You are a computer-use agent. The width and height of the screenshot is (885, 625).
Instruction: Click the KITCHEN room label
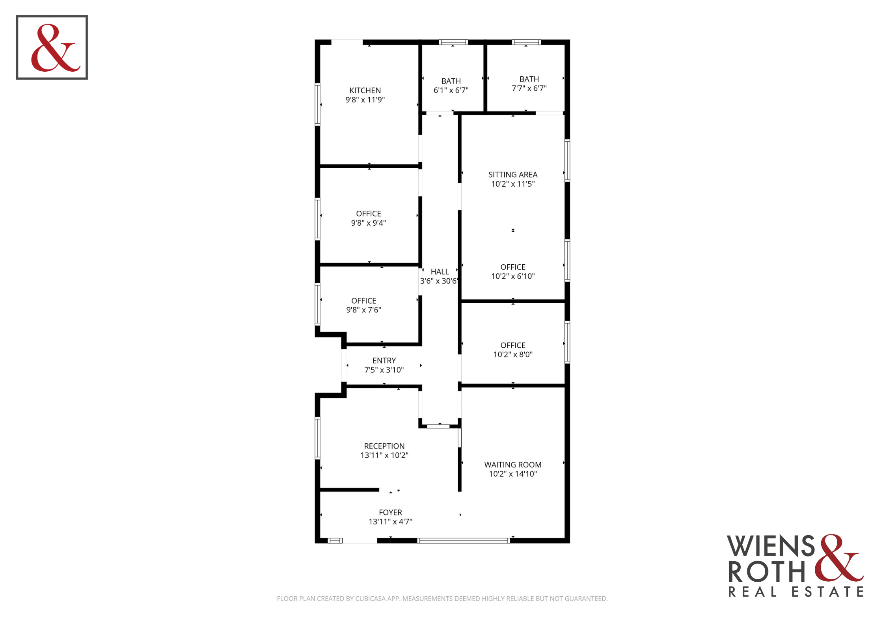pos(365,91)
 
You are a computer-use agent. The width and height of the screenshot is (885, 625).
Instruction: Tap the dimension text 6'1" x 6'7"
pos(451,90)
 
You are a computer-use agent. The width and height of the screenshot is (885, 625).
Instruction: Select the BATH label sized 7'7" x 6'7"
pos(529,79)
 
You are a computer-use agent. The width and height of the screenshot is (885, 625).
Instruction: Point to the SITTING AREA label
pos(513,174)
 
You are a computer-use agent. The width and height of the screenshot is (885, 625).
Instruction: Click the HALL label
pos(440,272)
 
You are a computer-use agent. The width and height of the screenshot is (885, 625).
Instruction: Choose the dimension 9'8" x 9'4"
pos(369,223)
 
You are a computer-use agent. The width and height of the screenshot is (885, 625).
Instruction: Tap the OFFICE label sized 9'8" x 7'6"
pos(364,300)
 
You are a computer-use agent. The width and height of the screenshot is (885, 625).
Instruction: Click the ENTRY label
pos(384,361)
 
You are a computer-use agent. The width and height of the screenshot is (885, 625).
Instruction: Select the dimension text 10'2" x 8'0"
pos(513,354)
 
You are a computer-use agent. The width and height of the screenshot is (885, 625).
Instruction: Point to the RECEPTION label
pos(384,446)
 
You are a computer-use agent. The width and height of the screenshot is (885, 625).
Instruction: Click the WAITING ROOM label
pos(513,465)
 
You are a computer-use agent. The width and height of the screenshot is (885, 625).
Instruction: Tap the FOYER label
pos(390,512)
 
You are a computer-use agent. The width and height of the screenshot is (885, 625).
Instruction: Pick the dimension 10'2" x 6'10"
pos(513,276)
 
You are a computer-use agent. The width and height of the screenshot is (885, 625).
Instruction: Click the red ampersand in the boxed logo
pos(56,48)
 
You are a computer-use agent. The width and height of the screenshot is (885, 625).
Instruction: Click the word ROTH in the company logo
pos(767,571)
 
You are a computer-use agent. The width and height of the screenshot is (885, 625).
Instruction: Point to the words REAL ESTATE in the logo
pos(796,592)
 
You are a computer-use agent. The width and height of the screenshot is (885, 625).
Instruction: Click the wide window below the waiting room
pos(464,541)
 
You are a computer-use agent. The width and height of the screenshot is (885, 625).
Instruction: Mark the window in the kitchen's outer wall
pos(317,104)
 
